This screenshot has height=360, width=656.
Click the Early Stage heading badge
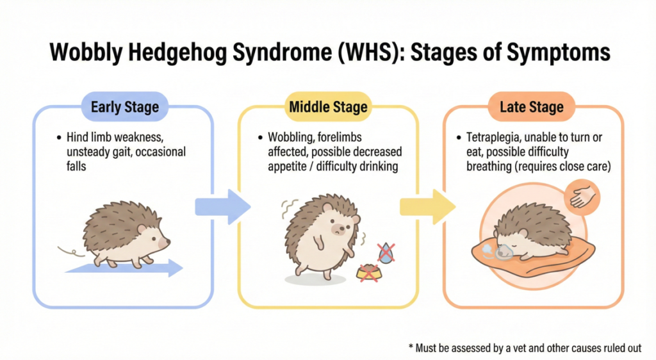[124, 106]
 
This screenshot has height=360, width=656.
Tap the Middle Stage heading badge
[329, 106]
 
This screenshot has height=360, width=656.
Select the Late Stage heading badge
[532, 106]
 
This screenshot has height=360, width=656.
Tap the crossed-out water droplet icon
[386, 253]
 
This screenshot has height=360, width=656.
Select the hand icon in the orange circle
[582, 196]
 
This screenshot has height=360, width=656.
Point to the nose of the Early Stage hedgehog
[168, 242]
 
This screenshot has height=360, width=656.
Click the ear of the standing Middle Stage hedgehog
[327, 208]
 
